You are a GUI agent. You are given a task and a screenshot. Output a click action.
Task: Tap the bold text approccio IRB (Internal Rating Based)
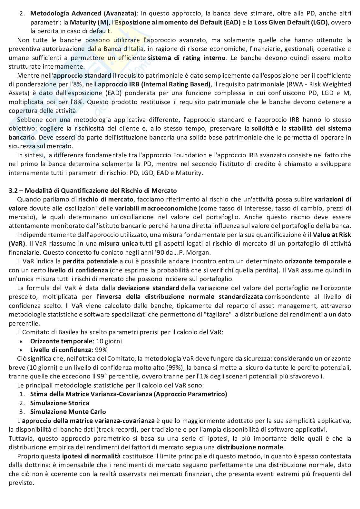tap(154, 84)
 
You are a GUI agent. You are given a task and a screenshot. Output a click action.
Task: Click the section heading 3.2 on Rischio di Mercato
tap(93, 191)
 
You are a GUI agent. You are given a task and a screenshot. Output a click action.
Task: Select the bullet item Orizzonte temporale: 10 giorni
tap(76, 341)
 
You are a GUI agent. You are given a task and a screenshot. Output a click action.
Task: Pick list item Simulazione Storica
tap(59, 403)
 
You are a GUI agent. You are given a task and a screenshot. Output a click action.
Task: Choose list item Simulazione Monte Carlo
tap(68, 412)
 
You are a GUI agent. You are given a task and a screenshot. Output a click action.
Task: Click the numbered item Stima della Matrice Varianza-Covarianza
tap(128, 394)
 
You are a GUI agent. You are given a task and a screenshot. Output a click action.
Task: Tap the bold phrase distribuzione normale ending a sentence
tap(250, 447)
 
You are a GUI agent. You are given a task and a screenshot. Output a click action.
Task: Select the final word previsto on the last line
tap(21, 483)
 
